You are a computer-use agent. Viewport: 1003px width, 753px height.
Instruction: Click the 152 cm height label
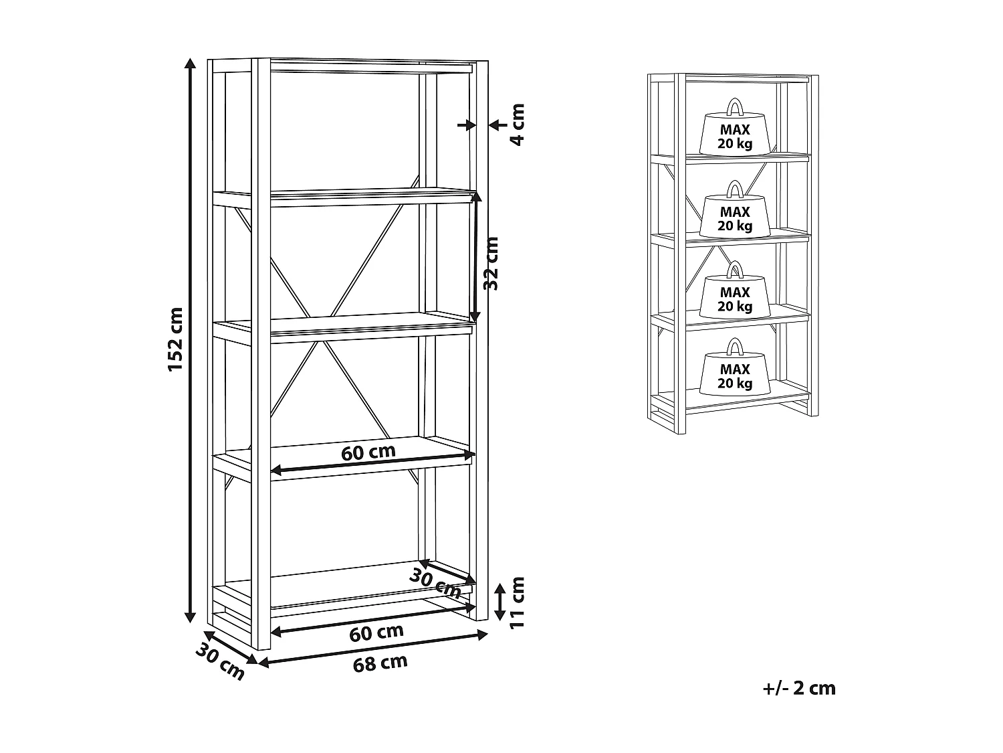tap(175, 339)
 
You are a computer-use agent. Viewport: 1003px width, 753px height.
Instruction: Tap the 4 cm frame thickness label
tap(517, 124)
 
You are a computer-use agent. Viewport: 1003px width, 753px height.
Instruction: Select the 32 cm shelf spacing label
tap(491, 263)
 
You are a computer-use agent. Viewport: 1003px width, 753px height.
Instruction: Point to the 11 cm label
tap(517, 602)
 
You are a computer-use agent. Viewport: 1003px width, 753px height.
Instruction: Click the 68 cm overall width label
tap(380, 663)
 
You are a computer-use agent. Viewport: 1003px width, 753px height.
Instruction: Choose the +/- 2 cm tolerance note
tap(799, 688)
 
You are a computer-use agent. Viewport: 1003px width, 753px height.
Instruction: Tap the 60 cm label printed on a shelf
tap(368, 452)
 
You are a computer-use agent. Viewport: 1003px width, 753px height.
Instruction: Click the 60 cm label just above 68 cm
tap(376, 632)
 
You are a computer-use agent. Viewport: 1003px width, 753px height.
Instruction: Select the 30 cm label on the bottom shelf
tap(435, 582)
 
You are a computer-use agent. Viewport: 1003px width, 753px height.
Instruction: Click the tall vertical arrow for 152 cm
tap(191, 339)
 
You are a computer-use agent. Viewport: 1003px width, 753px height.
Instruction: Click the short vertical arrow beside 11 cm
tap(499, 601)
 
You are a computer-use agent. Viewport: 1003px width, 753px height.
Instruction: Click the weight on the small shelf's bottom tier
tap(735, 372)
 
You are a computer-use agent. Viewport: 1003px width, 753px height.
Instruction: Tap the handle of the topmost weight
tap(735, 108)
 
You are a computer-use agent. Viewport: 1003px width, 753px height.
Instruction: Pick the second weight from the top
tap(735, 214)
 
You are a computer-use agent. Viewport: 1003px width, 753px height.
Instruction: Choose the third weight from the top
tap(735, 295)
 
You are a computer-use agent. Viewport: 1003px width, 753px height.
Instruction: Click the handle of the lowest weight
tap(735, 347)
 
